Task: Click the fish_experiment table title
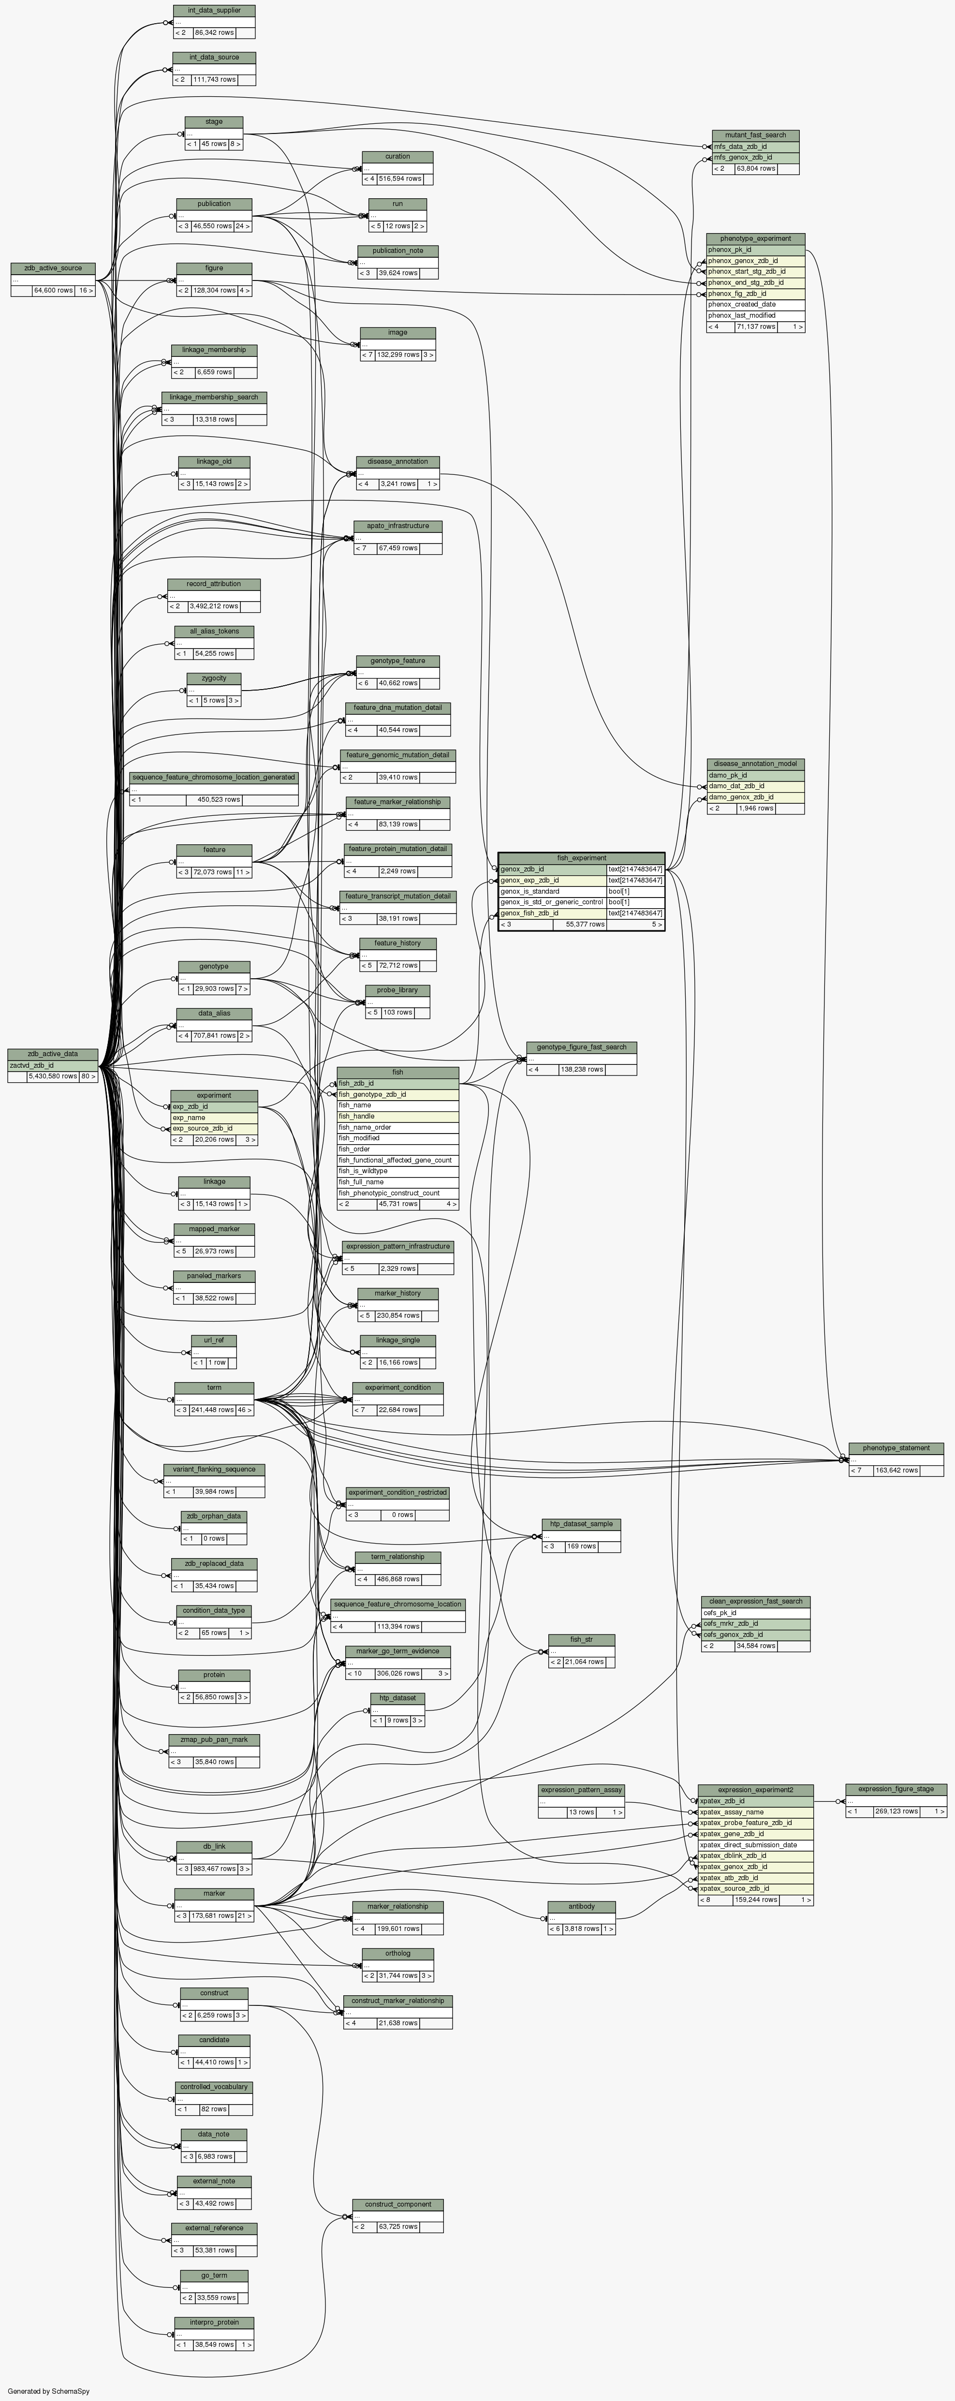point(581,857)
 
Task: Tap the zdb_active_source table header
point(53,268)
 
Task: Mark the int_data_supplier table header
point(213,10)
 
